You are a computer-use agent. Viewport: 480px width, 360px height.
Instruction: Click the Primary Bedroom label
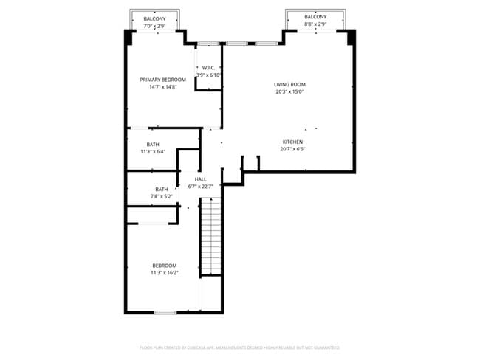(163, 80)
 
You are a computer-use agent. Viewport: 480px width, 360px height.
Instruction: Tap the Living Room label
(290, 85)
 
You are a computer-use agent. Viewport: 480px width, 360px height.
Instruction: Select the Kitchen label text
(292, 142)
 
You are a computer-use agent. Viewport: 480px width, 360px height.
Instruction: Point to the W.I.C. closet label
(208, 69)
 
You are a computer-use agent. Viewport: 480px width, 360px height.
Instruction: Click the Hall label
(200, 179)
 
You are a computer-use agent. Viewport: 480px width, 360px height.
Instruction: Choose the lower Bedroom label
(165, 266)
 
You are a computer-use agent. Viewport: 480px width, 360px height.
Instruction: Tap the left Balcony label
(154, 18)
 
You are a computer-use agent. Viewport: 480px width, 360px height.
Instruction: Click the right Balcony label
(315, 17)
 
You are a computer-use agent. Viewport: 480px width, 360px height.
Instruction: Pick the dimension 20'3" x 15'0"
(290, 92)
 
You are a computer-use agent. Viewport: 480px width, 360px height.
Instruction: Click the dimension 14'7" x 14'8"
(163, 87)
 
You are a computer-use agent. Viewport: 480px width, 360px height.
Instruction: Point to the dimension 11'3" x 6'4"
(153, 152)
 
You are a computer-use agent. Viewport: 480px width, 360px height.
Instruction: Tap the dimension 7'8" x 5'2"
(162, 197)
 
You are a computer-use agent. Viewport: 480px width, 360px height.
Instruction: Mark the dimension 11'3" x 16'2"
(165, 273)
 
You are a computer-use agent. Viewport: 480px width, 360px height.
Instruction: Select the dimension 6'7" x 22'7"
(200, 187)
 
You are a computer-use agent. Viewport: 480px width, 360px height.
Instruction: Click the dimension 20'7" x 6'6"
(292, 149)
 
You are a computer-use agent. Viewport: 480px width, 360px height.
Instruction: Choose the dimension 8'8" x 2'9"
(315, 24)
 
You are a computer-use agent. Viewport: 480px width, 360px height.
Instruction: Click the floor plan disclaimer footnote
(240, 347)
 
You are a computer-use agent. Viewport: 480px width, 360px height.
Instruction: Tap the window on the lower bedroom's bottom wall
(165, 312)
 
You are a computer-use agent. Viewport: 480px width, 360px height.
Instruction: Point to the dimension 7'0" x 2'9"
(154, 26)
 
